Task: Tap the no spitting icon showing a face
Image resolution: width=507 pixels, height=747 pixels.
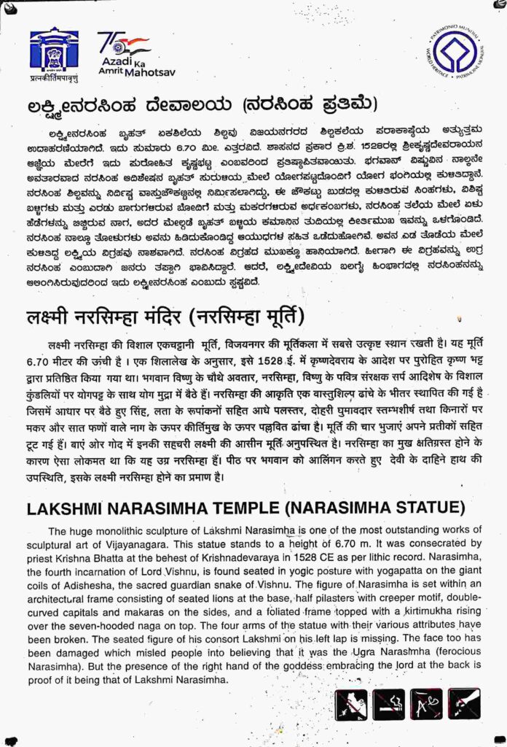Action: (351, 705)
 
